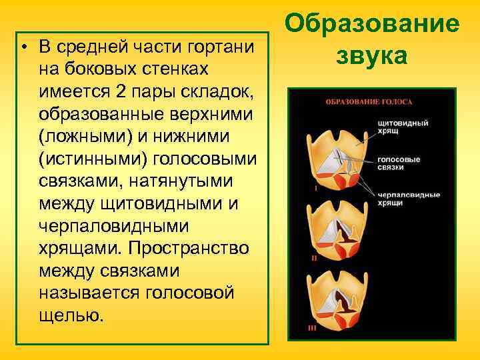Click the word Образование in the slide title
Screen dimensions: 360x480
(372, 24)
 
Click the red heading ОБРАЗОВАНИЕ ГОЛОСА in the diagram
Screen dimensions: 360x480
(369, 103)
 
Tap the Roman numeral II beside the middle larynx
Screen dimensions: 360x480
(313, 257)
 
